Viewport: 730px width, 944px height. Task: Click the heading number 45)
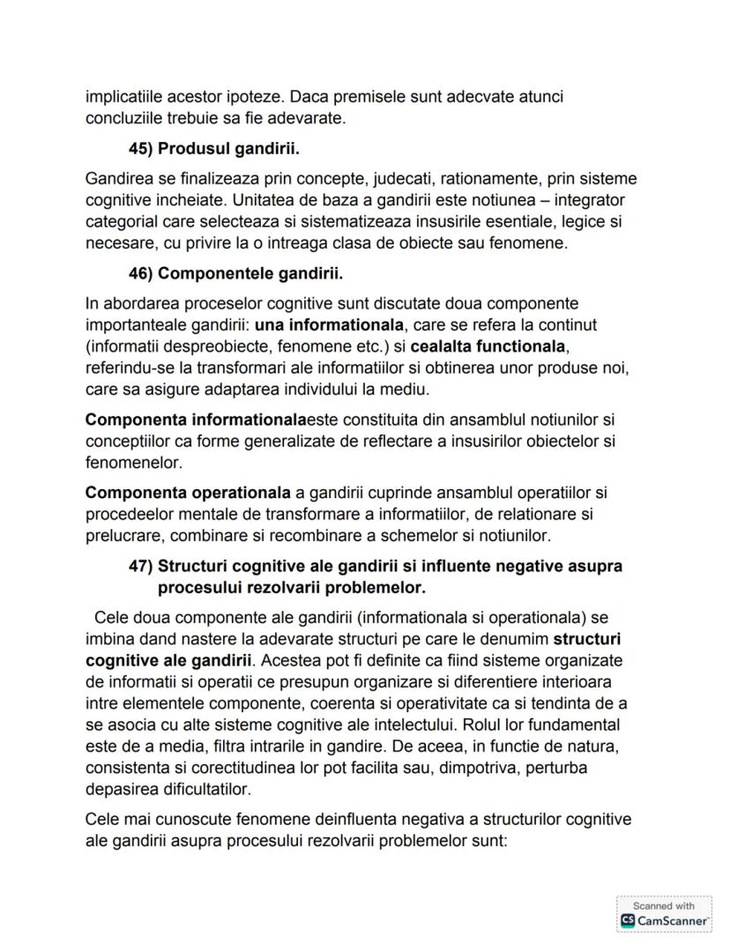pos(141,149)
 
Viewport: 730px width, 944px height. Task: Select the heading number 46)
pos(141,273)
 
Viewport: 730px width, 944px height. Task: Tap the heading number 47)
pos(141,566)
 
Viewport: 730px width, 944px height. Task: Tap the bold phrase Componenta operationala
pos(188,493)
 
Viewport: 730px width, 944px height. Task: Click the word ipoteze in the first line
pos(258,96)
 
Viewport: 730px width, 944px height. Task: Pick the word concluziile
pos(123,116)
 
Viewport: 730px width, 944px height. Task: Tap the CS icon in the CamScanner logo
pos(628,920)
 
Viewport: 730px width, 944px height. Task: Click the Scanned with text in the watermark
pos(663,906)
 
